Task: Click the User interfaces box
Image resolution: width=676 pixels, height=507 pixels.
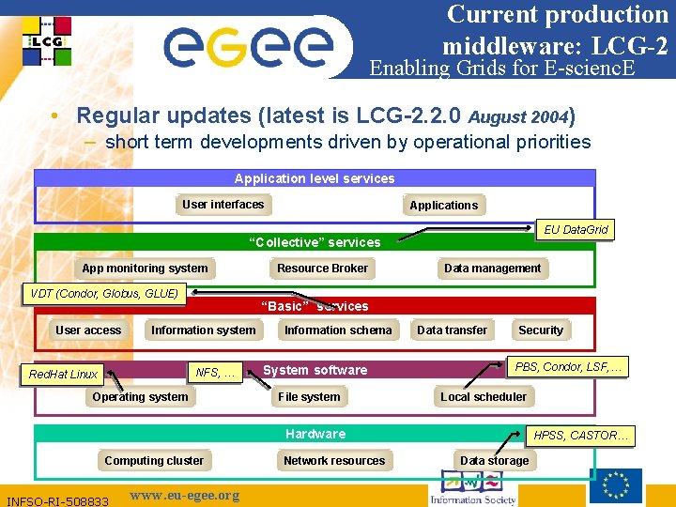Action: click(x=223, y=205)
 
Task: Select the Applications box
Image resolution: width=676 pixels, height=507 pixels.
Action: click(x=443, y=206)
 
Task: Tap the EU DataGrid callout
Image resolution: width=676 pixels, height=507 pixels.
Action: click(x=576, y=229)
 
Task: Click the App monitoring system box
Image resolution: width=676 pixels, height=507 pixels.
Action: click(x=145, y=269)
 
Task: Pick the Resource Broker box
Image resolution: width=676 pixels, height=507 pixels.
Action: click(x=322, y=269)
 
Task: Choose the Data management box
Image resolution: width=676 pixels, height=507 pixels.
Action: click(x=492, y=269)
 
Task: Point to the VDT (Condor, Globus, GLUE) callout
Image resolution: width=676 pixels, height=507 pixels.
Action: click(x=104, y=294)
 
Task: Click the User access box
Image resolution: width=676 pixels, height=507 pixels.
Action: click(x=88, y=330)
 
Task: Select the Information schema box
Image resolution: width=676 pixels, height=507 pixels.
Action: click(x=338, y=330)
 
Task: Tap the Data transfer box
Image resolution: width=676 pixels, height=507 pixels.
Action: click(x=452, y=330)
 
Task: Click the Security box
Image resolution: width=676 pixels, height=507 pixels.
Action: click(x=541, y=330)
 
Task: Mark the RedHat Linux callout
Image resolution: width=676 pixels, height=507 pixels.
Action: click(x=63, y=374)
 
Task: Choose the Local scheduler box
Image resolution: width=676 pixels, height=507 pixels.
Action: click(x=484, y=397)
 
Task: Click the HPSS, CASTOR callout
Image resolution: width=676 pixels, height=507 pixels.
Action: click(x=583, y=436)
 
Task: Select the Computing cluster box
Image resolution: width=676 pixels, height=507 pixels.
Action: click(x=154, y=461)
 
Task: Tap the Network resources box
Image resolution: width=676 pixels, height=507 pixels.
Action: click(x=334, y=461)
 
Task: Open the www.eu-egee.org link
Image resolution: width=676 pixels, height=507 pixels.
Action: click(x=184, y=496)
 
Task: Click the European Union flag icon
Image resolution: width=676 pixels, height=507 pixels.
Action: click(x=616, y=485)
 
